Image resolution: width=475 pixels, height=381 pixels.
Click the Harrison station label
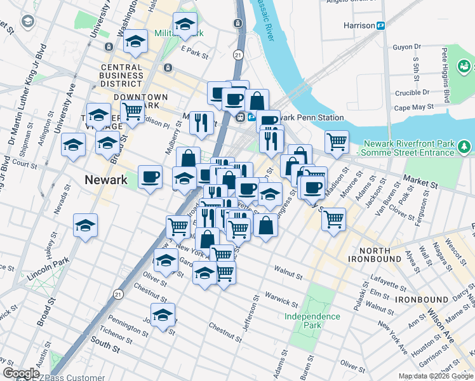pos(359,25)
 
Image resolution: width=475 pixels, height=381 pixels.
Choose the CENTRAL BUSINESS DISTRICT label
pos(121,75)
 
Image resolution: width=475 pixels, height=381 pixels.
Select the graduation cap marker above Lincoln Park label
pos(86,225)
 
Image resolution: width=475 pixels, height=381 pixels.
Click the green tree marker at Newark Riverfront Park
pos(465,147)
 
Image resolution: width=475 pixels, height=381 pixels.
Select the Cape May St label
pos(413,107)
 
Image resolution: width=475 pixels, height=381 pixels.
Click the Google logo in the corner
pos(21,373)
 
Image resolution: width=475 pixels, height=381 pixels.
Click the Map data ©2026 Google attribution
pos(435,376)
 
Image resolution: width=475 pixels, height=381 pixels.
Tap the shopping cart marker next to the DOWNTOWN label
pos(132,111)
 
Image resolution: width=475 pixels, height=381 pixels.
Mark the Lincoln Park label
pos(48,270)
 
